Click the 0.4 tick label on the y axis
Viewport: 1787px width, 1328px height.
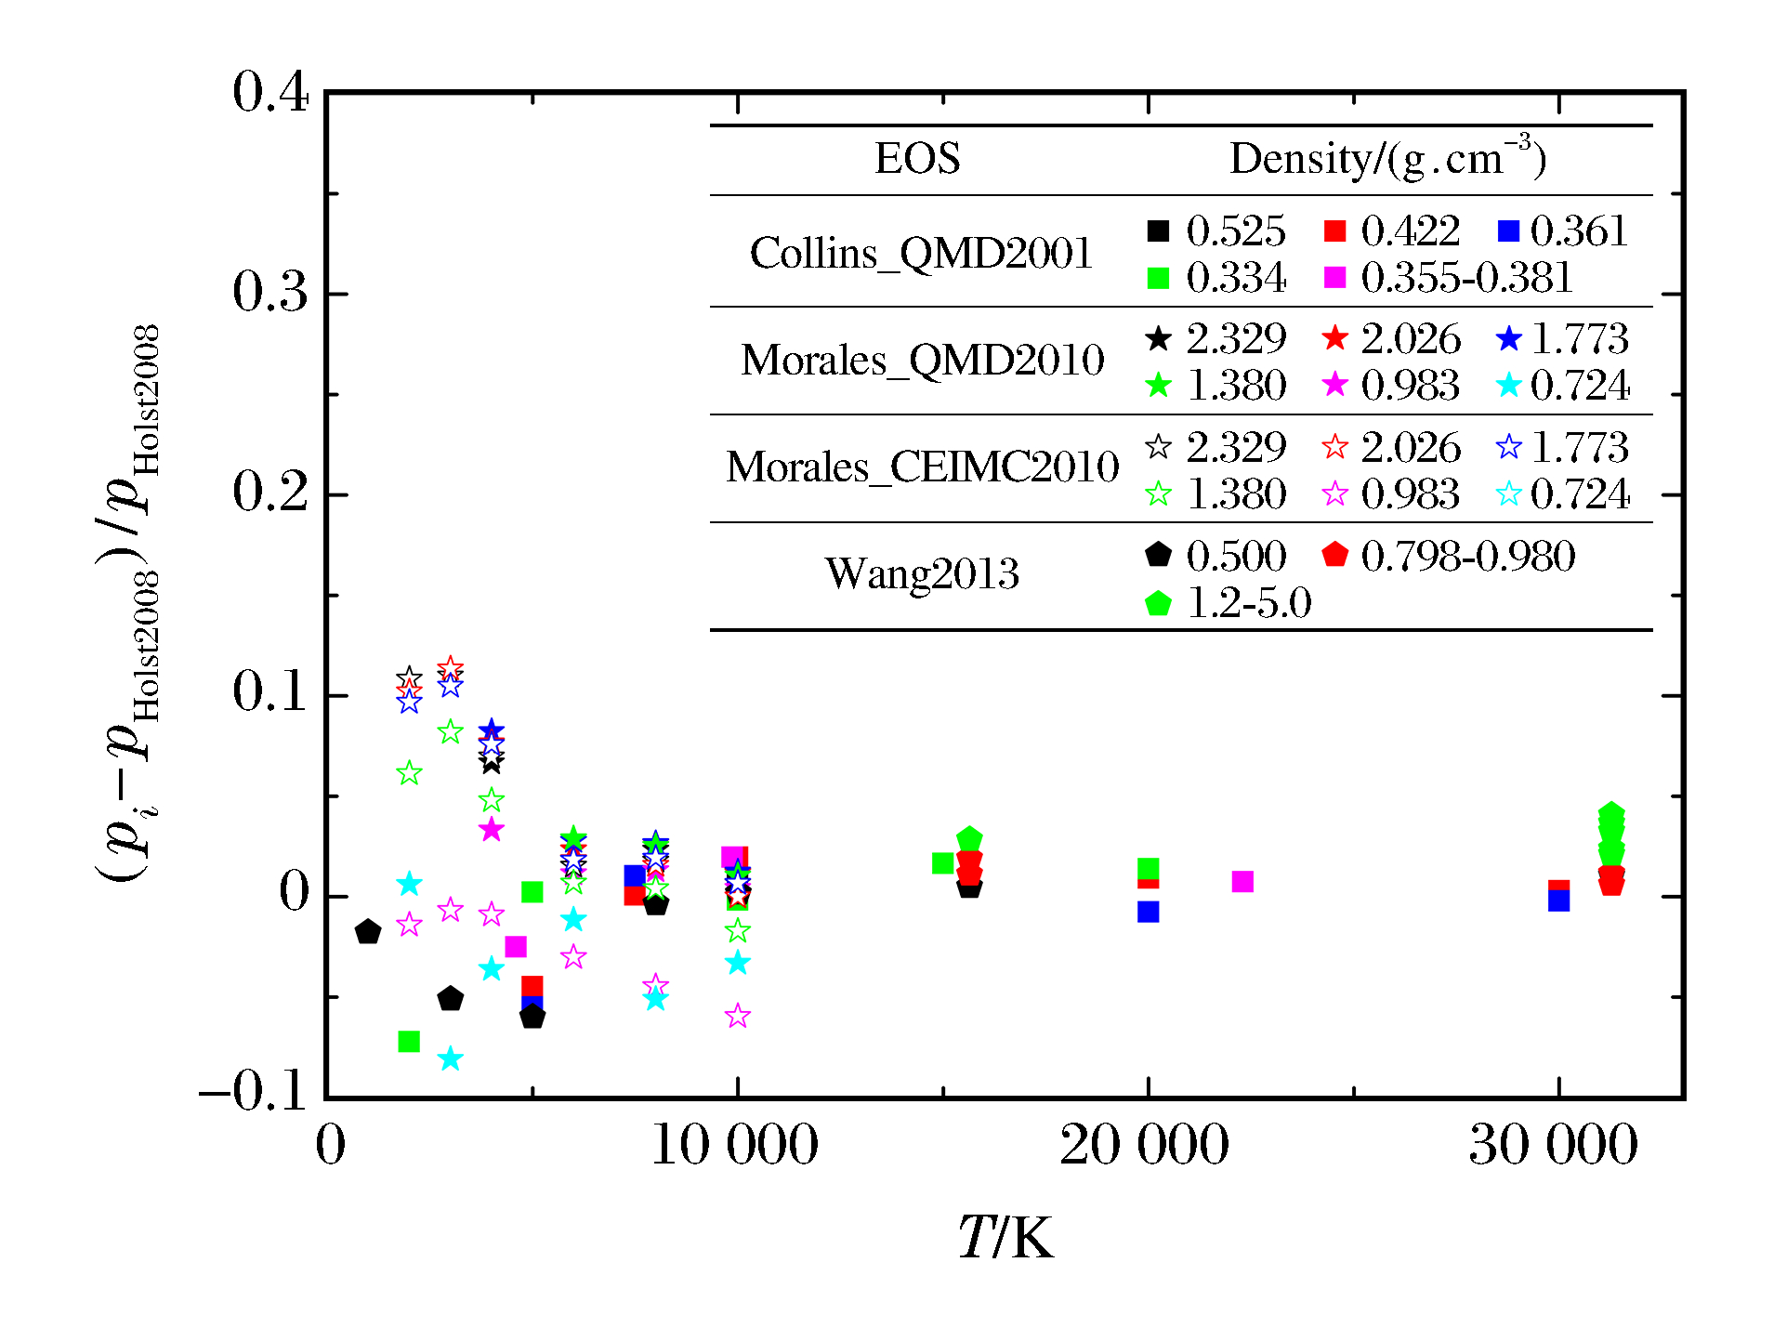(x=269, y=93)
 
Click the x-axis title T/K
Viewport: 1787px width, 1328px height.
(x=1005, y=1238)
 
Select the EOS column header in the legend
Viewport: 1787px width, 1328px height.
(x=917, y=159)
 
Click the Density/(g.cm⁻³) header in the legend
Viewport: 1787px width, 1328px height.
(x=1387, y=159)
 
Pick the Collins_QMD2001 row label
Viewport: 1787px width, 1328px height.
(x=921, y=253)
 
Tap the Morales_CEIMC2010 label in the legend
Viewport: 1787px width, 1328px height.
(x=922, y=467)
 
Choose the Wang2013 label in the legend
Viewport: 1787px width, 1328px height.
(x=922, y=573)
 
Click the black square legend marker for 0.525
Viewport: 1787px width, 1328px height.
(x=1158, y=231)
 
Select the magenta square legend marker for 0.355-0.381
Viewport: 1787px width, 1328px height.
(x=1334, y=278)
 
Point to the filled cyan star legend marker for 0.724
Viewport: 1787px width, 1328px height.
(x=1509, y=385)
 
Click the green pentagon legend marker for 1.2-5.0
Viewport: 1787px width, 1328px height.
(x=1158, y=604)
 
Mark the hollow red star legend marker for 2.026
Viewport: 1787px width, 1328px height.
(x=1334, y=448)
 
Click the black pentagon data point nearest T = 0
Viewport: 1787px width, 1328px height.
(x=368, y=931)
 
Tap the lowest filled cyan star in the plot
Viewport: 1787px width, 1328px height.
(x=450, y=1058)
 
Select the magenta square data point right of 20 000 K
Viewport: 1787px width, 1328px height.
(x=1242, y=881)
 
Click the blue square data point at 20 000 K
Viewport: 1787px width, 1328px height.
(x=1148, y=912)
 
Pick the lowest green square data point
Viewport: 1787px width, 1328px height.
(x=409, y=1042)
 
